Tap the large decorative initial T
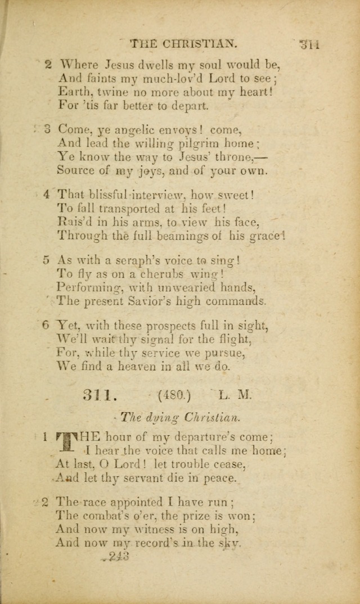[67, 443]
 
